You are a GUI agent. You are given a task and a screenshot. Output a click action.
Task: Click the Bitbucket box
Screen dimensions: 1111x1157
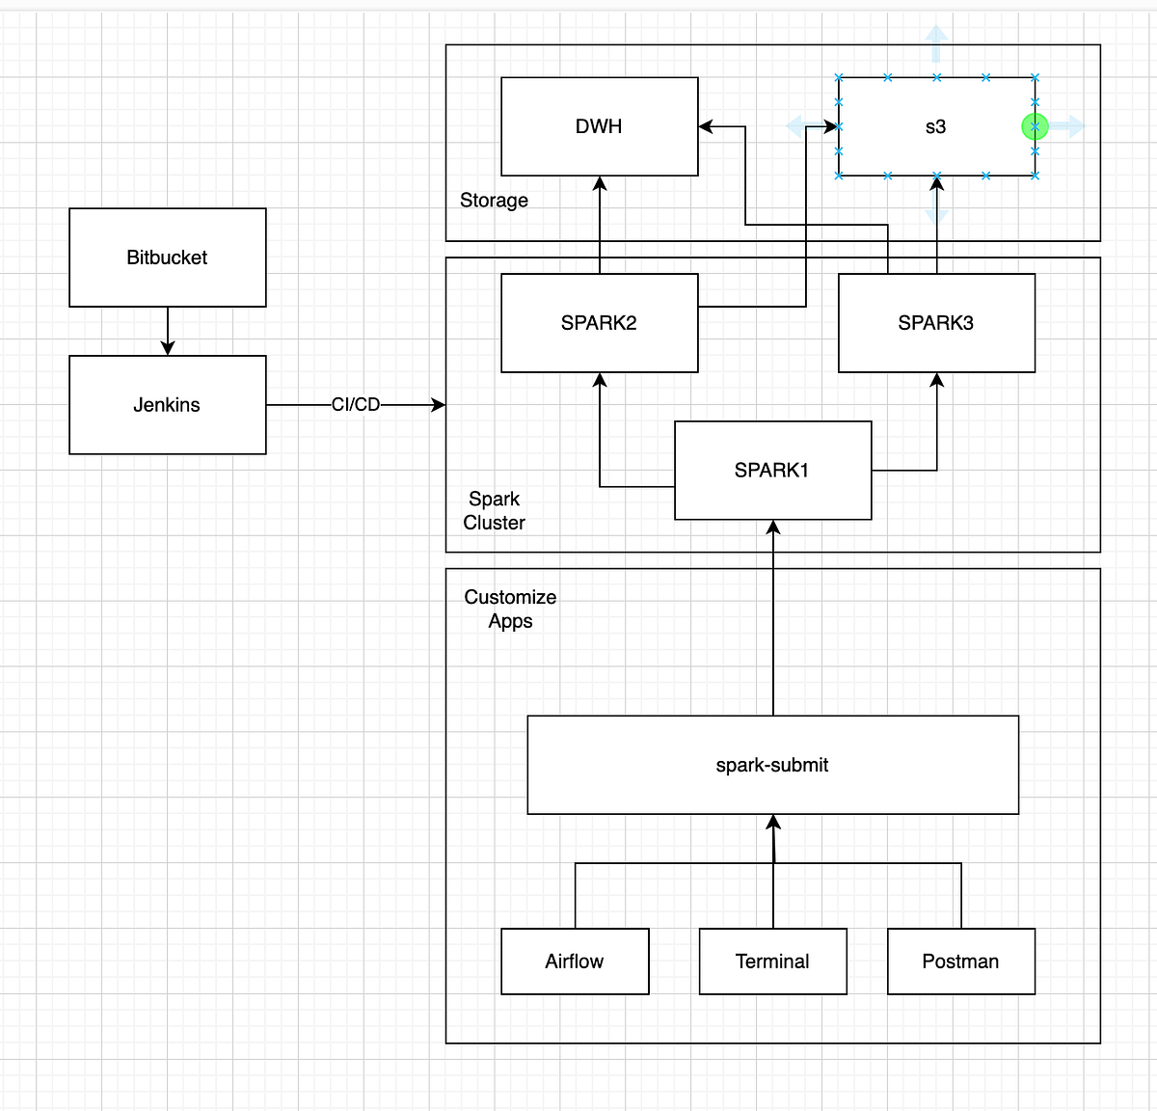[167, 257]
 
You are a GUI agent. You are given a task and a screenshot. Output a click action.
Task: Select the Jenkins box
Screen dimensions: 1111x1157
[167, 405]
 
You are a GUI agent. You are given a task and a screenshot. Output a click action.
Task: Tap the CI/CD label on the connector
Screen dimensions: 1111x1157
[356, 405]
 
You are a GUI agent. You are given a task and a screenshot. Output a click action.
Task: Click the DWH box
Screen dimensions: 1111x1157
[599, 126]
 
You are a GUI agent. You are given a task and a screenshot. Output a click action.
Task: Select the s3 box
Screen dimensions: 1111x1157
[935, 126]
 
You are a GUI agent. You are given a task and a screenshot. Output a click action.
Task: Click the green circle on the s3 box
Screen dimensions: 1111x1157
[1035, 126]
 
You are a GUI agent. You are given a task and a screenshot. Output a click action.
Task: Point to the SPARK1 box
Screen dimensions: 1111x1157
[772, 471]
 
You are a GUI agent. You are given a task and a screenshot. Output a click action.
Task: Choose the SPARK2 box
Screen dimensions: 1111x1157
[599, 323]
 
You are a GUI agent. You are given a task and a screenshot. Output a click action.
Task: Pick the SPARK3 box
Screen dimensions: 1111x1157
[936, 323]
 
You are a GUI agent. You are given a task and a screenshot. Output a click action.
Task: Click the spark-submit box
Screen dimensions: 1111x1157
[772, 765]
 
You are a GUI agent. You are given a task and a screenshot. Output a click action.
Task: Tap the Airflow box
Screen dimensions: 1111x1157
[575, 962]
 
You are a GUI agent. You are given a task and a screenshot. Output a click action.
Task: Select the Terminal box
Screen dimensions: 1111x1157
[772, 962]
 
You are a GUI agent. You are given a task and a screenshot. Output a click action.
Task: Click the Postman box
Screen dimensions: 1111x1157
[960, 962]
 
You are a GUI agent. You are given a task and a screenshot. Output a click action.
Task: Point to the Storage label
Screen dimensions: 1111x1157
[494, 201]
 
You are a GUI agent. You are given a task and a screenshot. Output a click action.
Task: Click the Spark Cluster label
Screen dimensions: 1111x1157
[494, 511]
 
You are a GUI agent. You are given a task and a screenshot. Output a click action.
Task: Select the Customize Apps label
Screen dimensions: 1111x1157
[510, 609]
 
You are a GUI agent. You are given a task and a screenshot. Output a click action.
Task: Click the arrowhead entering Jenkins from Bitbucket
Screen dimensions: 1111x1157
[168, 348]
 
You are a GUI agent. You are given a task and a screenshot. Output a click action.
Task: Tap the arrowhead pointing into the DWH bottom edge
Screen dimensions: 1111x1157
[600, 183]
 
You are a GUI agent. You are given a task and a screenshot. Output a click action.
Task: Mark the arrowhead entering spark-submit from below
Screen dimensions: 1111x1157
[773, 822]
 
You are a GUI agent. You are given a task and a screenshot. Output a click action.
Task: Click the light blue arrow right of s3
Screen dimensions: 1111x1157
[1068, 126]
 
